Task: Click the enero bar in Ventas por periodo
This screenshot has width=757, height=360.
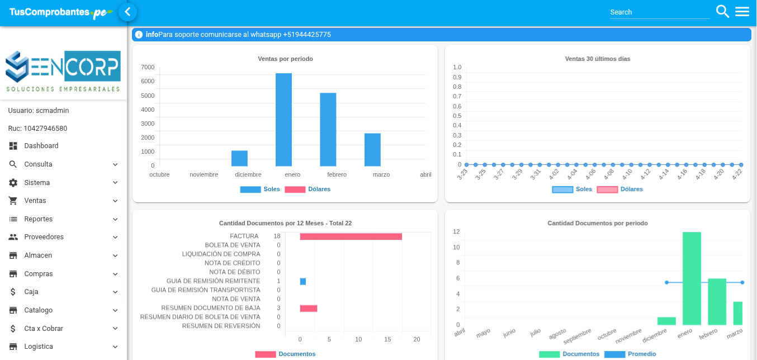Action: click(x=283, y=120)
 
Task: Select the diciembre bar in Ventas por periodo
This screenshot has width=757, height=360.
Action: click(x=239, y=158)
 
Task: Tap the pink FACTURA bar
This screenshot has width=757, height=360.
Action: click(x=351, y=236)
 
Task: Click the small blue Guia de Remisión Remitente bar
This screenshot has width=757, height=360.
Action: click(x=303, y=281)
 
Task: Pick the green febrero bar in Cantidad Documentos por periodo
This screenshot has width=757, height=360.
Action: click(x=717, y=301)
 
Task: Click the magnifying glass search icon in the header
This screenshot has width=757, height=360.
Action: click(x=722, y=12)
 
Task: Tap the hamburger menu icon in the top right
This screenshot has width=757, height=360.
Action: click(x=742, y=12)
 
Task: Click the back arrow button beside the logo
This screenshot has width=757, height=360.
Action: click(x=127, y=12)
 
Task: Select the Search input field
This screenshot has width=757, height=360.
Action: click(x=660, y=12)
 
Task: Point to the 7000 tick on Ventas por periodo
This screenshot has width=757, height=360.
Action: click(x=148, y=67)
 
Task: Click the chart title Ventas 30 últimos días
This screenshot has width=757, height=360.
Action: click(x=598, y=59)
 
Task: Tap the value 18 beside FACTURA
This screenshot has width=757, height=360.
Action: click(x=277, y=236)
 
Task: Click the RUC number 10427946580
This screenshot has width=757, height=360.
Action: click(x=45, y=129)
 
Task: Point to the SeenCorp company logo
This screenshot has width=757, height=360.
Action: click(x=63, y=71)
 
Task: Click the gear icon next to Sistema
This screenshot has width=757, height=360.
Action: click(x=13, y=183)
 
